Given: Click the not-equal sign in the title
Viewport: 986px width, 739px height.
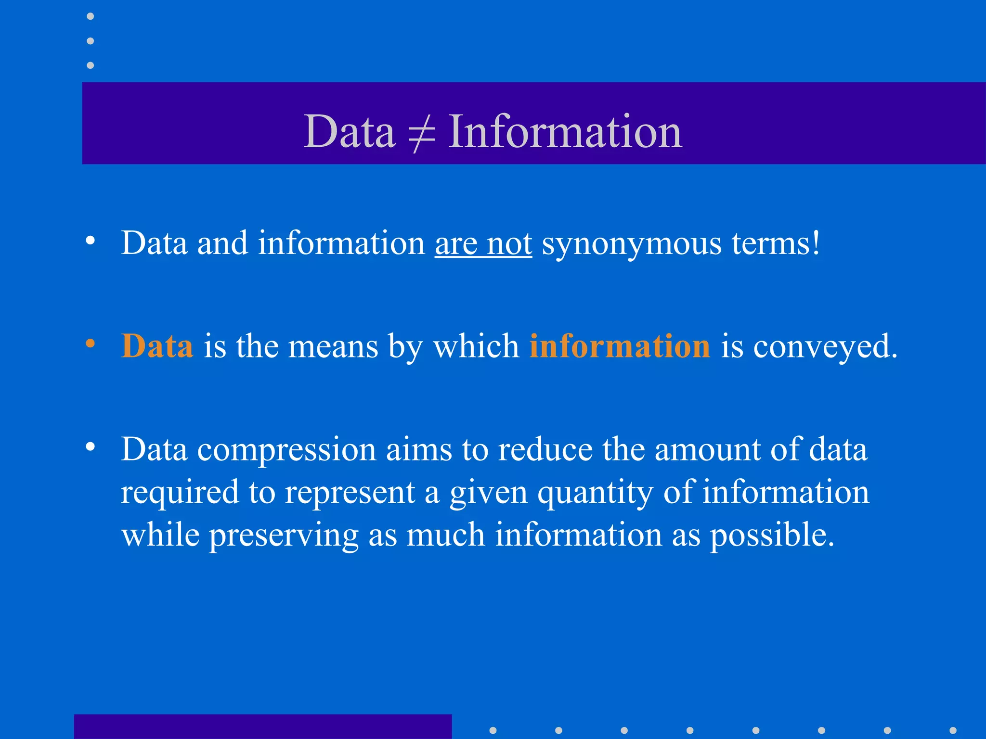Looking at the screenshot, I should pos(422,133).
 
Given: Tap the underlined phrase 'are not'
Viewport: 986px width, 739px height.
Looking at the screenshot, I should pos(483,243).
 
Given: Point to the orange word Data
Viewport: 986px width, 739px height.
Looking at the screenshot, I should pos(157,346).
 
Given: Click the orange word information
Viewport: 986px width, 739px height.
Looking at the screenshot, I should pos(620,346).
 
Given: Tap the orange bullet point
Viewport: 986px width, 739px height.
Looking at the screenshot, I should pos(90,344).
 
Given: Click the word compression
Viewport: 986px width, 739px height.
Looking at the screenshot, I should pos(287,450).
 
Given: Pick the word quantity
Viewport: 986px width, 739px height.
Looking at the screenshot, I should pos(595,493).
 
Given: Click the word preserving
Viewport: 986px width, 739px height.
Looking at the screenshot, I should pos(283,535).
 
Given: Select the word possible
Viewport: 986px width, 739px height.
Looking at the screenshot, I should pos(772,535).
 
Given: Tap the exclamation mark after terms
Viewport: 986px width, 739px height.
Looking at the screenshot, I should pos(815,243).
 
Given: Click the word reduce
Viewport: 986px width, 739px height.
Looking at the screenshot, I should pos(545,450).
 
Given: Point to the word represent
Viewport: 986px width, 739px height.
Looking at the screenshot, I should pos(350,493).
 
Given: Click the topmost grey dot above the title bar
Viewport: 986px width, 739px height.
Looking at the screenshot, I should pos(90,16).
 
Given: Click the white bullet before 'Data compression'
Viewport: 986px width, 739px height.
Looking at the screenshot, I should pos(90,447).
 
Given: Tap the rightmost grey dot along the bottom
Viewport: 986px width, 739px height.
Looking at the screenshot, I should pos(953,730).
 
